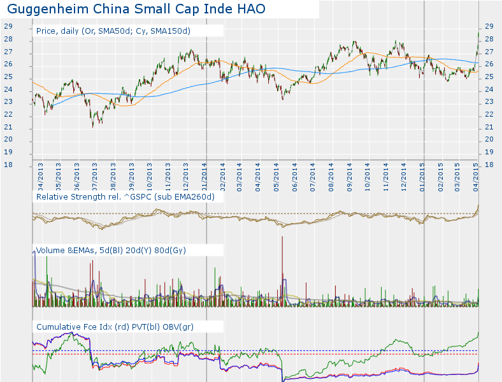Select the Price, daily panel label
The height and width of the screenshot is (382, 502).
113,31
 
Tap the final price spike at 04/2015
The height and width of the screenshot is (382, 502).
478,35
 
